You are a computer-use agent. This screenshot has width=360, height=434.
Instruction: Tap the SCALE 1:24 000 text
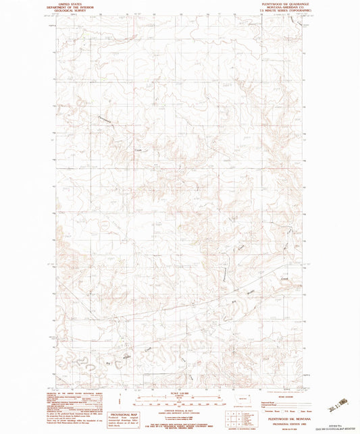(x=180, y=393)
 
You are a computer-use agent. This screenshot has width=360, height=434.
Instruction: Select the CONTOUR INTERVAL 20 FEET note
(x=180, y=409)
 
